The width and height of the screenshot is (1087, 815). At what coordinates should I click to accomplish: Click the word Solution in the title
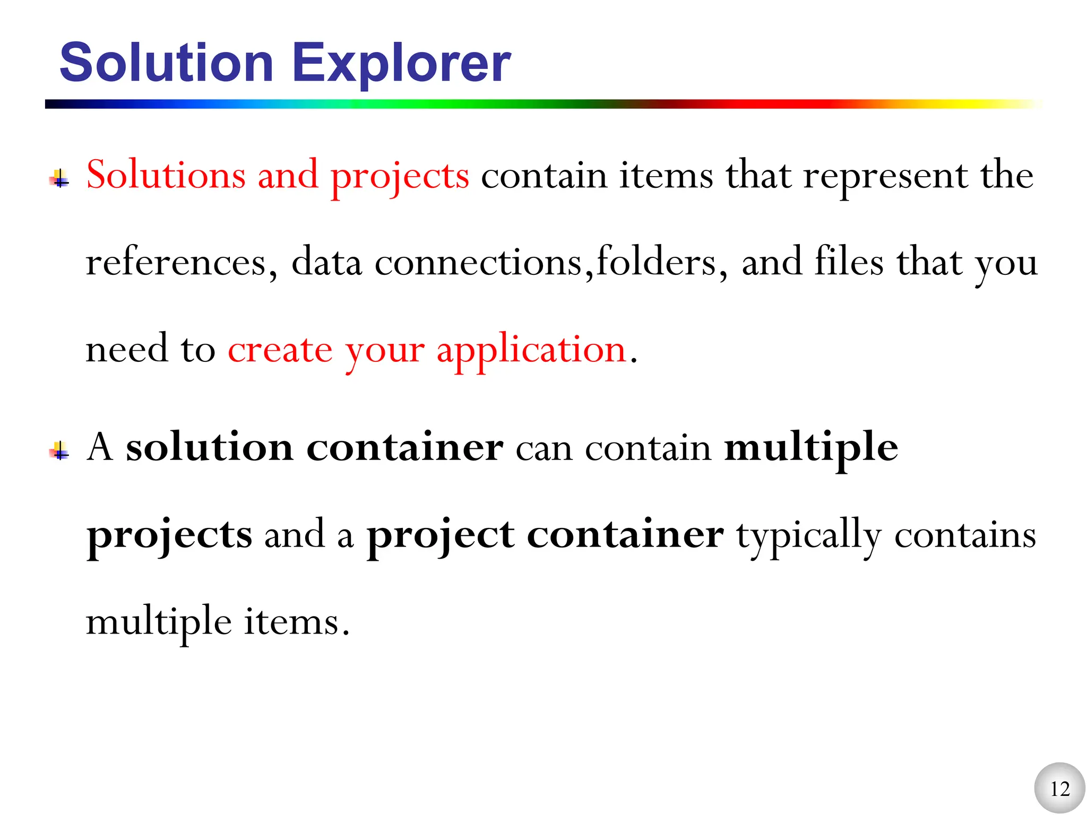point(166,63)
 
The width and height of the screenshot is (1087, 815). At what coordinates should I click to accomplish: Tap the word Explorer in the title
point(401,63)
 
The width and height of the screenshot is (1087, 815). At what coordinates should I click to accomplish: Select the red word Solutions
point(166,175)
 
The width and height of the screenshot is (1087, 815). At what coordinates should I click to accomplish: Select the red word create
point(280,349)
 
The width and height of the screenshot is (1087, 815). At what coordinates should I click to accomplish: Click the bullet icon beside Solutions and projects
point(60,179)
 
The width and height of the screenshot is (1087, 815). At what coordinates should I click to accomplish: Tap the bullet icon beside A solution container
point(60,451)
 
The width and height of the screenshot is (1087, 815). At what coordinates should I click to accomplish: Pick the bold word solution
point(210,447)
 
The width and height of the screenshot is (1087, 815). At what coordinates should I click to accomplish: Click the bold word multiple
point(811,448)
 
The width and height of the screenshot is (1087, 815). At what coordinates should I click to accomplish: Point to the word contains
point(965,535)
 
